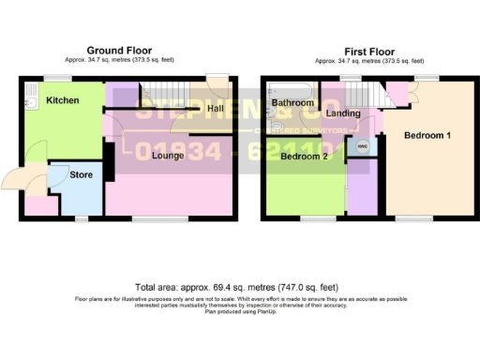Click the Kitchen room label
[x=63, y=99]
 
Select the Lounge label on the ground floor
[x=168, y=155]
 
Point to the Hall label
[x=215, y=109]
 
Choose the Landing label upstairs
[x=344, y=114]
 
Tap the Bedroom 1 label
[x=427, y=136]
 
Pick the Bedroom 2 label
[x=303, y=157]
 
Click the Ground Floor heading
[x=119, y=50]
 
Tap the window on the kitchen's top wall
[x=50, y=77]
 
